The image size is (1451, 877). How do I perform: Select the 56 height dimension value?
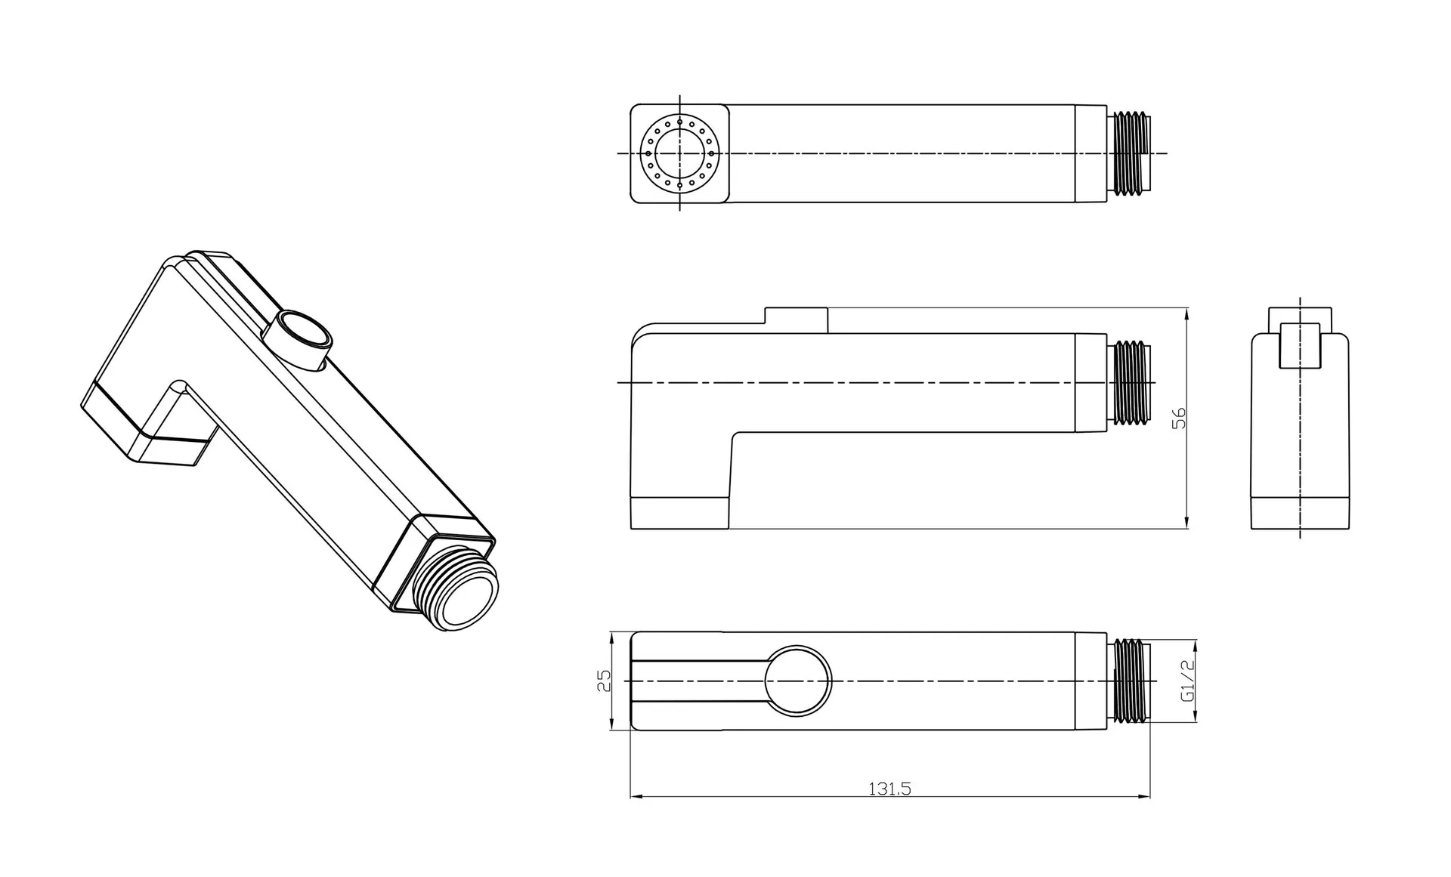(x=1178, y=418)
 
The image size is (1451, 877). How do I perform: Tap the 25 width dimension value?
(x=603, y=681)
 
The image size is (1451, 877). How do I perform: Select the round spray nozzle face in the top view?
(x=679, y=153)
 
